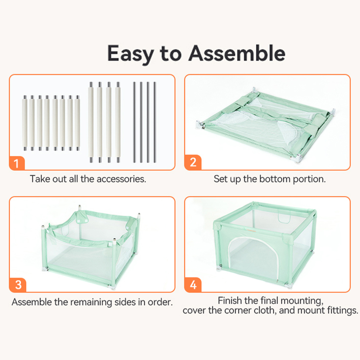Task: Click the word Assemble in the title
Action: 237,53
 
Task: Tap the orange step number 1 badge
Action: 17,163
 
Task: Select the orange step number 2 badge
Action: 193,162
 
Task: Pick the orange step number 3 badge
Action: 18,285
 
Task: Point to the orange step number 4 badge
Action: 193,285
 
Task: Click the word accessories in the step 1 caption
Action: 121,179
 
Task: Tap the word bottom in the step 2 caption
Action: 275,179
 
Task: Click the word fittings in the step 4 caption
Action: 343,310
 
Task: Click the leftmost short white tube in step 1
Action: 25,123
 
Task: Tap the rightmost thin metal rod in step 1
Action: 154,122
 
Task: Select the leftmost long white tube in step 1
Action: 91,122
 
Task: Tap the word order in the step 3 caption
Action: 160,302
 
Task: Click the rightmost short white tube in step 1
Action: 77,123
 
